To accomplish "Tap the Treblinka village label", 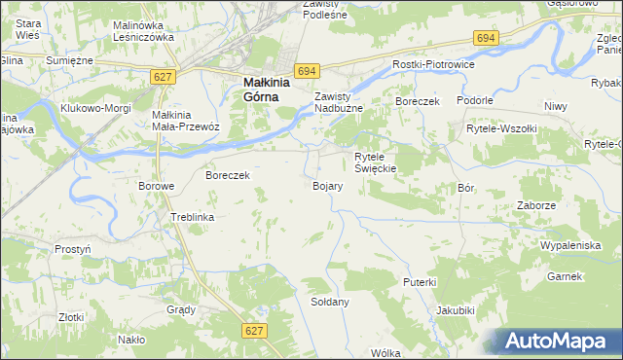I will [x=192, y=217].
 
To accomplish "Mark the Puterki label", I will [x=420, y=281].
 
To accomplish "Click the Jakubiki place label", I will [x=456, y=310].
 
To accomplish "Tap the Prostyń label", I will [x=73, y=249].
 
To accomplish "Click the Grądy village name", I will [x=181, y=309].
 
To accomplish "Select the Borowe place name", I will [x=156, y=185].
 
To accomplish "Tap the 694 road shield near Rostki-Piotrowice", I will [x=487, y=37].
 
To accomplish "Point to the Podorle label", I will [x=474, y=100].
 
